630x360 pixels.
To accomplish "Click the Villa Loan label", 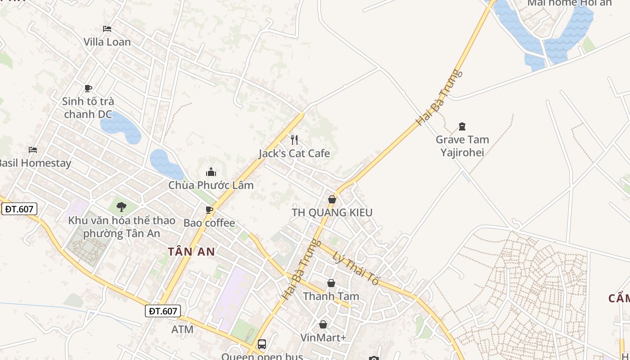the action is point(107,42).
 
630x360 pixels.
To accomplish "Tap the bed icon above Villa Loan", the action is point(107,29).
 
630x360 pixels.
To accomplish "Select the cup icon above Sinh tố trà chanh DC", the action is point(88,88).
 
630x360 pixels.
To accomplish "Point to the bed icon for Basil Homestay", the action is point(33,149).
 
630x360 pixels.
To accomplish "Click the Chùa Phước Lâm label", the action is point(211,185).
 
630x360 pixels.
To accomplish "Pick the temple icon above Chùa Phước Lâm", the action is point(211,172).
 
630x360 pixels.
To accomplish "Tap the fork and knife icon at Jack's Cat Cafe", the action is point(294,139).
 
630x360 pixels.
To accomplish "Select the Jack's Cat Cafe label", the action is point(294,153).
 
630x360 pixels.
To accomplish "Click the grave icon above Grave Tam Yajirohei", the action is point(462,126).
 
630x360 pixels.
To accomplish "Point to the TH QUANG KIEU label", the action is point(332,212).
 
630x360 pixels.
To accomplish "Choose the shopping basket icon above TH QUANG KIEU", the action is point(332,199).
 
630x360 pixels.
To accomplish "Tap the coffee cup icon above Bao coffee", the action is point(209,210).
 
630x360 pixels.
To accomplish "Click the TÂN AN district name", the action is point(192,252).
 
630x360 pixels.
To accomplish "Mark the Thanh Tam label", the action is point(331,296).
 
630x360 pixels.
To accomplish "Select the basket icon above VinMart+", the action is point(323,324).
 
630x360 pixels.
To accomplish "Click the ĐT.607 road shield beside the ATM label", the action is point(163,310).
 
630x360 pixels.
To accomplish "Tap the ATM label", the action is point(182,329).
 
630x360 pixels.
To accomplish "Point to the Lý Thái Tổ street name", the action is point(355,268).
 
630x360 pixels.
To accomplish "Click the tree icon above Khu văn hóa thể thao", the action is point(121,207).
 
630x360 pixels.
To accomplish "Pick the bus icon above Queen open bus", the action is point(262,344).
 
